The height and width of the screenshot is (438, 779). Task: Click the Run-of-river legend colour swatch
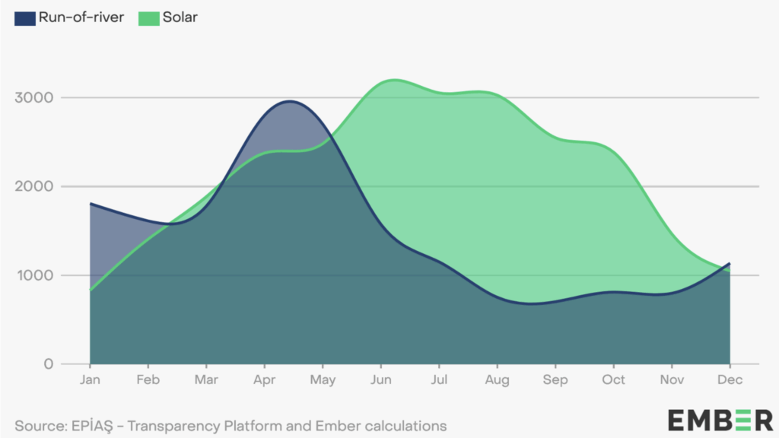[25, 17]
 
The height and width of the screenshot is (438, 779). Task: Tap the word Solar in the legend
[180, 17]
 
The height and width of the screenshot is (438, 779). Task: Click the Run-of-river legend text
[81, 17]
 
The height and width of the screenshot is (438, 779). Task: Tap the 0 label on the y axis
[47, 364]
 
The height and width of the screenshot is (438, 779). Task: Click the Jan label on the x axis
[91, 379]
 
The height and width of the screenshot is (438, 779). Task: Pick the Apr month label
[265, 379]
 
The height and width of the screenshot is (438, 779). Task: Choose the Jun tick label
[381, 379]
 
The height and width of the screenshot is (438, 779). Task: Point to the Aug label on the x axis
[498, 379]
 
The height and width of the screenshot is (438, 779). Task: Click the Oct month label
[614, 379]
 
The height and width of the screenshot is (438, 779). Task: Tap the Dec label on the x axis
[730, 379]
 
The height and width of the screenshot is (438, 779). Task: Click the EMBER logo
[720, 420]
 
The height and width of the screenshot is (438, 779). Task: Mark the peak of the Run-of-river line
[291, 101]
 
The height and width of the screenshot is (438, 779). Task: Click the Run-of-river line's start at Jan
[91, 204]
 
